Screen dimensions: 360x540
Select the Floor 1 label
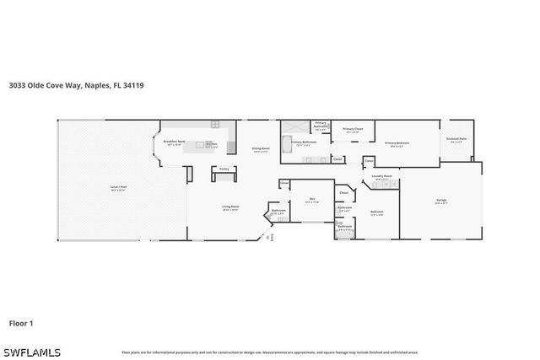point(21,322)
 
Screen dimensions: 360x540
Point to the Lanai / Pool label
point(118,186)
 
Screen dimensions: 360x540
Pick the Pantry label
point(224,169)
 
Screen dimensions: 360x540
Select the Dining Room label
point(260,149)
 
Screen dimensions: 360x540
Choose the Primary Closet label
point(352,129)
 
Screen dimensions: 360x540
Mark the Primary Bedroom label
point(397,142)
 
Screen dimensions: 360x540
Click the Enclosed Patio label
point(457,139)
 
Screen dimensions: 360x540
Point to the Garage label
point(440,200)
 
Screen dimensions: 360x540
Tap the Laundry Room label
point(382,176)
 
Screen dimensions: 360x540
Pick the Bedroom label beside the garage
point(376,212)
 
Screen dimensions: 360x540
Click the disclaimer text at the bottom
point(269,352)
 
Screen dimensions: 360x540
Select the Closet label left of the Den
point(284,182)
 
